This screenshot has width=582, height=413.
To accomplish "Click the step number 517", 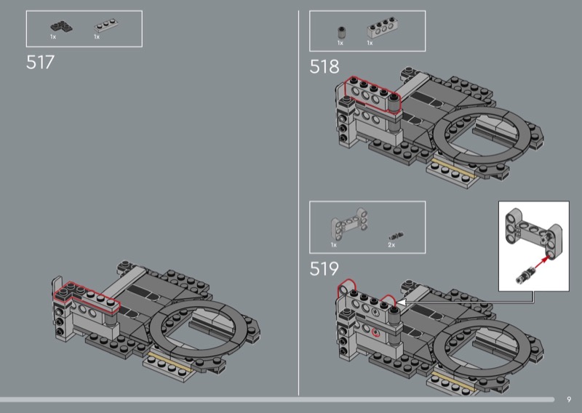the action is tap(40, 62).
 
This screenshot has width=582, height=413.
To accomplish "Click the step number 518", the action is tap(324, 67).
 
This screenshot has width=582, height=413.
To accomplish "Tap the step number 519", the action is tap(324, 268).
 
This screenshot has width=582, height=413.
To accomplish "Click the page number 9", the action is tap(569, 400).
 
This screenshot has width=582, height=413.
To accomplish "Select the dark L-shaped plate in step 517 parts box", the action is tap(61, 27).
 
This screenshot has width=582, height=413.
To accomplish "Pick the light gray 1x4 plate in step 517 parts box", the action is tap(106, 26).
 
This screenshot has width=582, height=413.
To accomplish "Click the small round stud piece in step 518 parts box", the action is tap(342, 32).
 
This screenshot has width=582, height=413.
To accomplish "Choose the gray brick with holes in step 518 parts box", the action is tap(383, 28).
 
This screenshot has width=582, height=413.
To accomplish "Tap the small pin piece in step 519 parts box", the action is tap(396, 236).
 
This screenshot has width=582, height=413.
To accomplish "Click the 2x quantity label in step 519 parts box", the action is tap(391, 245).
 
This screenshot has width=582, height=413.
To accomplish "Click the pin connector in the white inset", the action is tap(524, 276).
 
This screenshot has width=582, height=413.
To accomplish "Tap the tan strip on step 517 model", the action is tap(171, 364).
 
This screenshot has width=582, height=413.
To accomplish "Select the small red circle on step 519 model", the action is tap(376, 332).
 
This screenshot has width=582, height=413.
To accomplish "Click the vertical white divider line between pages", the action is tap(298, 203).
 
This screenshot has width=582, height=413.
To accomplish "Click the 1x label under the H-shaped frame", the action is tap(334, 245).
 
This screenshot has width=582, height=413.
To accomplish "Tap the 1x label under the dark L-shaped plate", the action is tap(53, 37).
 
